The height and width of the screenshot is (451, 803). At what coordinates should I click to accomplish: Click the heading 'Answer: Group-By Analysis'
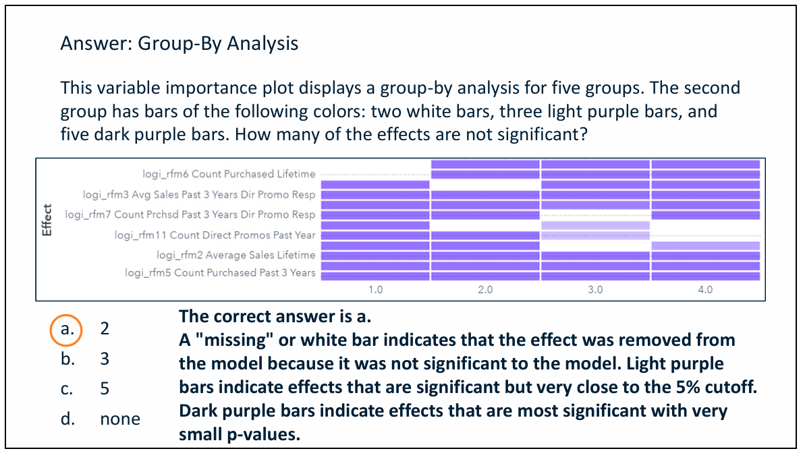(x=179, y=44)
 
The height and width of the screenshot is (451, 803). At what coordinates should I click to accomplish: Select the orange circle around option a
(x=66, y=330)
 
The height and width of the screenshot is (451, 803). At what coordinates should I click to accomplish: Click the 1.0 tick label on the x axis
(x=376, y=291)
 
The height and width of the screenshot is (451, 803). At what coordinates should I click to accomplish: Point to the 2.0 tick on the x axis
(x=485, y=291)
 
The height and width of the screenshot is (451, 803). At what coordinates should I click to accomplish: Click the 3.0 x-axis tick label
(x=595, y=291)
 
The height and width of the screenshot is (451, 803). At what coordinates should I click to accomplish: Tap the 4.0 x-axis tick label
(x=705, y=291)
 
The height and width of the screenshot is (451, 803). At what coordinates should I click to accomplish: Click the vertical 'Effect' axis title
(x=47, y=220)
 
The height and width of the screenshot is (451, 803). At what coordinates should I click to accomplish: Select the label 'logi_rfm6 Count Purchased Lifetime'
(x=229, y=174)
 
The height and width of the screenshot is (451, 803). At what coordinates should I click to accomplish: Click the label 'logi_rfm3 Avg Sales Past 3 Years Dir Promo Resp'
(x=199, y=195)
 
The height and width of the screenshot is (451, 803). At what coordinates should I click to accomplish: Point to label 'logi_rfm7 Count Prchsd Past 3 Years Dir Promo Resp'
(x=190, y=215)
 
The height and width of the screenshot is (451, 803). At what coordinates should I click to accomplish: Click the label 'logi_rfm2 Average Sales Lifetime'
(x=236, y=255)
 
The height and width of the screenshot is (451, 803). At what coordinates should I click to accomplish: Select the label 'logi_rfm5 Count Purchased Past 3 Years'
(x=220, y=273)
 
